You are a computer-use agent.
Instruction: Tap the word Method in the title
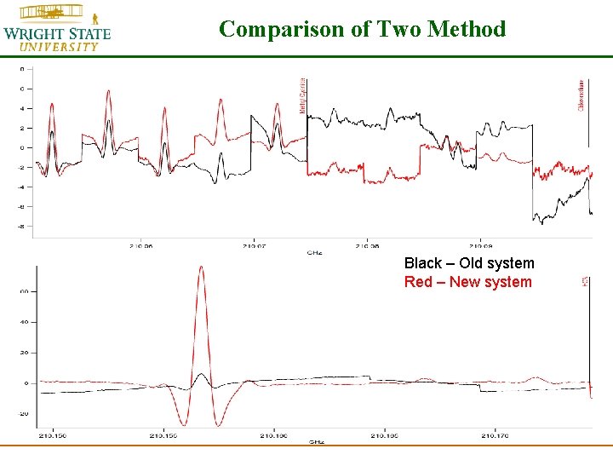coord(467,29)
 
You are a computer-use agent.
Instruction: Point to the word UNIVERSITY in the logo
coord(59,47)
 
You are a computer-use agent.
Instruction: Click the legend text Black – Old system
coord(469,263)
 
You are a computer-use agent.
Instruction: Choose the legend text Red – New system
coord(467,282)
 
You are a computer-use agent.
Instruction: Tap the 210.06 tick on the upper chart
coord(141,246)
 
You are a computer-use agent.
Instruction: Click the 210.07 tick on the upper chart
coord(255,246)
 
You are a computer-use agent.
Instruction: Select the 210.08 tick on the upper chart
coord(368,246)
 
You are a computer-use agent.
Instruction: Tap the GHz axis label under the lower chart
coord(316,442)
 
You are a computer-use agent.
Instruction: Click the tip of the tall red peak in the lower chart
coord(201,267)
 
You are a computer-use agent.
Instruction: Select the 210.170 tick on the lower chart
coord(495,435)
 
